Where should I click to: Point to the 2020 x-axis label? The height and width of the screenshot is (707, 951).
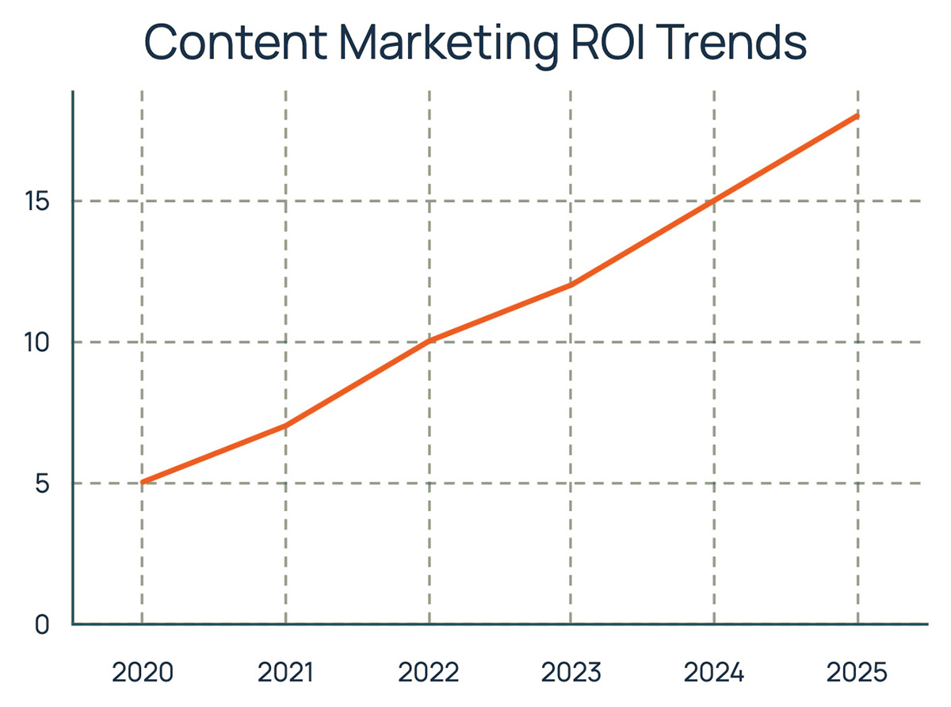(142, 673)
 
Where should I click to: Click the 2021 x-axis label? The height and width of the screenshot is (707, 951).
(285, 673)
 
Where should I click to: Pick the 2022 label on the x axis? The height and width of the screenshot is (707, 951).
(429, 673)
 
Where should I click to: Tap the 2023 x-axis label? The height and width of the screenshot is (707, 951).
(571, 673)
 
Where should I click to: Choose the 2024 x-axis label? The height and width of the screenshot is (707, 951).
(715, 673)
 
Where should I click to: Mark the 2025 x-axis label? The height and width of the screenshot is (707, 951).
(857, 673)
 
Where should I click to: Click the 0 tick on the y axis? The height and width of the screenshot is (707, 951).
(42, 625)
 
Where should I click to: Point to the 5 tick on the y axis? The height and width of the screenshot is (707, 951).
(42, 483)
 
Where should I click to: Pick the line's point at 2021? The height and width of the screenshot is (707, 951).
(285, 426)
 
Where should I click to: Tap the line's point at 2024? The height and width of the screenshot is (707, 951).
(715, 201)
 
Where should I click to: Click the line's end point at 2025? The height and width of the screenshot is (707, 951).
(857, 117)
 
